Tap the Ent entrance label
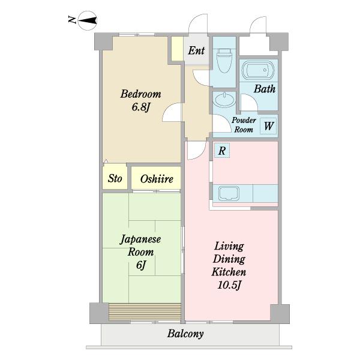point(196,50)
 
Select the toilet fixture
point(224,60)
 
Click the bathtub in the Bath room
point(258,70)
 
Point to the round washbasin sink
point(224,100)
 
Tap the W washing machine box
point(269,125)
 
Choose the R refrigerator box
point(222,151)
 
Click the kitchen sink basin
point(229,193)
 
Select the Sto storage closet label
point(115,178)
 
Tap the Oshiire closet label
point(157,179)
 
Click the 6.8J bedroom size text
point(141,107)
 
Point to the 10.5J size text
point(229,285)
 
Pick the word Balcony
point(185,334)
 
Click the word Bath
point(265,89)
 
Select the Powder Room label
point(244,125)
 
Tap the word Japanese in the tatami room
point(140,239)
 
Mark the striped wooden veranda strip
point(145,311)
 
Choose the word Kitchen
point(229,272)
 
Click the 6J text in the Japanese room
point(141,265)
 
